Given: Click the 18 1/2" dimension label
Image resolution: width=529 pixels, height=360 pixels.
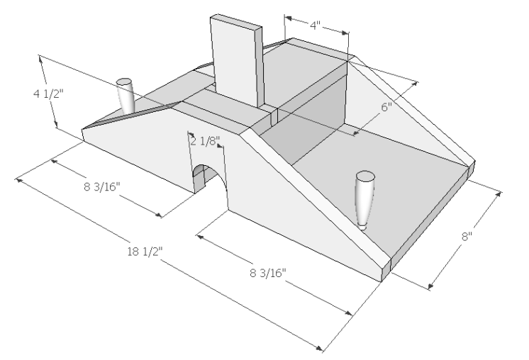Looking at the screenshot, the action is [x=145, y=251].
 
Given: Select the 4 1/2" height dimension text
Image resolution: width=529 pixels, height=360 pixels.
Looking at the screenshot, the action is [x=48, y=94].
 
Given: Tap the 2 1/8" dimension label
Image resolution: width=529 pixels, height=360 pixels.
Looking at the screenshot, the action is [x=205, y=141].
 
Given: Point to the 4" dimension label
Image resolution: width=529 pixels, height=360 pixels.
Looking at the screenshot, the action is [x=315, y=25].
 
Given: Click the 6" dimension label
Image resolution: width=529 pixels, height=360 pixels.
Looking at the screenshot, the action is [x=386, y=107].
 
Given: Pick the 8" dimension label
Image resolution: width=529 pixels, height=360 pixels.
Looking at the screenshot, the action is [x=467, y=236].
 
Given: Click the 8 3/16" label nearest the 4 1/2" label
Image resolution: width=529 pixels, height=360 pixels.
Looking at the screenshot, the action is [x=102, y=186].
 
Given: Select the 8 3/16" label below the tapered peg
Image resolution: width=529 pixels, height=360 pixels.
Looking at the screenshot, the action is [x=268, y=273].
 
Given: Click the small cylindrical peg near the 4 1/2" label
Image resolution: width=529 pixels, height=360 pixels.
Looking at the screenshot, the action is [x=126, y=96].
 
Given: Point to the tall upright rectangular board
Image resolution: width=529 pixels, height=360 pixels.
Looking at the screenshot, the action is [x=237, y=61].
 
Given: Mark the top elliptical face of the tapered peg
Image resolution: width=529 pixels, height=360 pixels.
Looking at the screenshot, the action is [x=365, y=176].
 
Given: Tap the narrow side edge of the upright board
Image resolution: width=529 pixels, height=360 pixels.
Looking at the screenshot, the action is [x=259, y=67].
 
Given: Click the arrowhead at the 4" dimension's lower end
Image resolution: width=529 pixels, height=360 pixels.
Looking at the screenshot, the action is [x=345, y=33].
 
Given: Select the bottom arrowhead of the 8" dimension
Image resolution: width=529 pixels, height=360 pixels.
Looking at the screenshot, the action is [x=430, y=286].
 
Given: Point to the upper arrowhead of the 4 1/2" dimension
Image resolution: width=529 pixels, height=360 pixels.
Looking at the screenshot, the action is [x=41, y=60].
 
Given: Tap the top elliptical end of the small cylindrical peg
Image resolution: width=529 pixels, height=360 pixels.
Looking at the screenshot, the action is [x=124, y=82].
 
